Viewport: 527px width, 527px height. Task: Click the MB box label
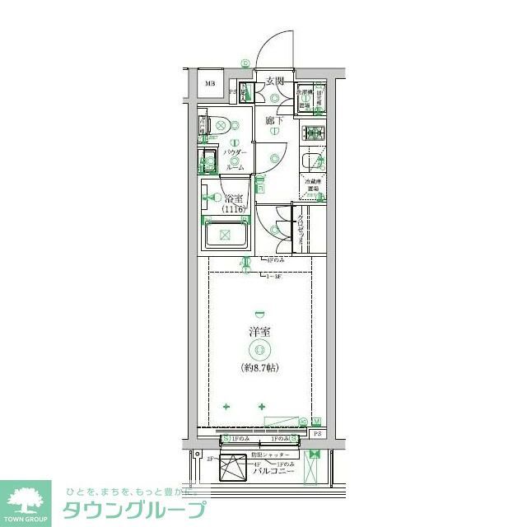click(x=210, y=83)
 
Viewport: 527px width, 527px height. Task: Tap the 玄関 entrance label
click(x=274, y=81)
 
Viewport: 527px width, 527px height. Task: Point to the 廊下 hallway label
click(x=275, y=122)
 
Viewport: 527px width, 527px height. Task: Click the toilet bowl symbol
click(x=219, y=126)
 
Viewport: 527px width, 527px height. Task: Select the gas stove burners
click(x=314, y=132)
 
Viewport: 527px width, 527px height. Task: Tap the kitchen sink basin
click(x=312, y=161)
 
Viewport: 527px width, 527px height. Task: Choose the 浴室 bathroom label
click(x=233, y=198)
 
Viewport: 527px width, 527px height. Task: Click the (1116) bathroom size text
click(x=235, y=210)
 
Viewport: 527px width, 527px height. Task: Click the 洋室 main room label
click(x=260, y=332)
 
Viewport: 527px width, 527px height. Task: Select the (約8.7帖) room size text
click(x=260, y=367)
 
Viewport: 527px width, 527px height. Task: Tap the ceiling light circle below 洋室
click(x=260, y=350)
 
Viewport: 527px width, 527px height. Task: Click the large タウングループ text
click(x=133, y=510)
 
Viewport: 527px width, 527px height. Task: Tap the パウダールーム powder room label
click(x=234, y=159)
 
